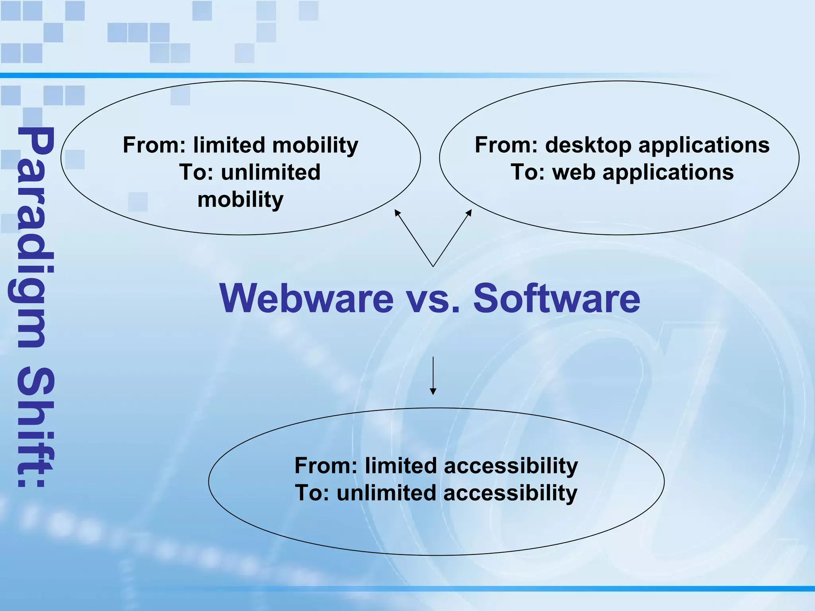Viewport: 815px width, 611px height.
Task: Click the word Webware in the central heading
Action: [306, 298]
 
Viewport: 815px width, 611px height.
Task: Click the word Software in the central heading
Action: [556, 298]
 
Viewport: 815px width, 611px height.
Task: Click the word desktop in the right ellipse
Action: [588, 145]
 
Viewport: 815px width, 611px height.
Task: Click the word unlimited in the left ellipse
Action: [271, 173]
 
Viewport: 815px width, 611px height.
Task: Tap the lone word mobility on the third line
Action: [240, 199]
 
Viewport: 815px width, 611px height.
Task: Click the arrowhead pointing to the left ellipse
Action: [397, 212]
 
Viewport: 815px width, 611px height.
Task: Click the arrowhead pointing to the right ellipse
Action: [469, 212]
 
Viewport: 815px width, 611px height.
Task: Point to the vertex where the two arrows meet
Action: [433, 266]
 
